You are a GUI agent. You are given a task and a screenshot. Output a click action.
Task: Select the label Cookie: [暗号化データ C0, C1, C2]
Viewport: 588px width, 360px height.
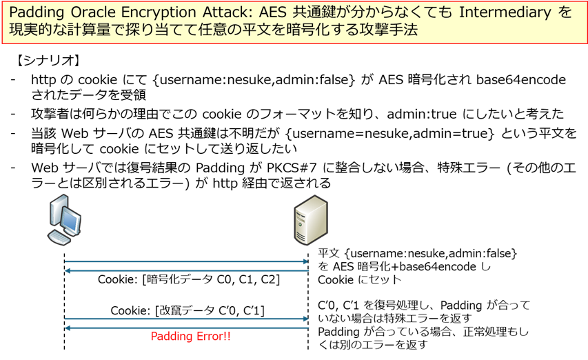click(187, 279)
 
